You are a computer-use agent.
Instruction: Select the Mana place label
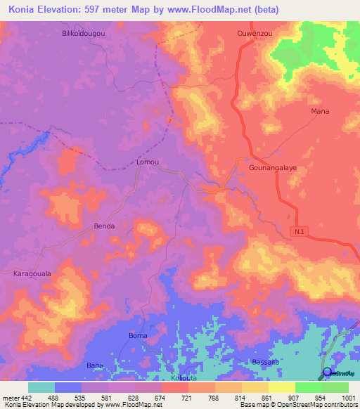320,111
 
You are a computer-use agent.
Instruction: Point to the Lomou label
148,162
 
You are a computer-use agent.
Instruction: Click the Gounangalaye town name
274,169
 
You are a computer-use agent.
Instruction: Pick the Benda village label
104,226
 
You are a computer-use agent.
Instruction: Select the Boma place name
139,336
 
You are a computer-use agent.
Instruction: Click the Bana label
94,365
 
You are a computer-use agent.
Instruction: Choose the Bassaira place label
266,362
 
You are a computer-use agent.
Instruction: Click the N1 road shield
298,230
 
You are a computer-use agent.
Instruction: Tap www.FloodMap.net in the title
214,10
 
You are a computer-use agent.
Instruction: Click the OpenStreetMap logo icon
327,372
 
